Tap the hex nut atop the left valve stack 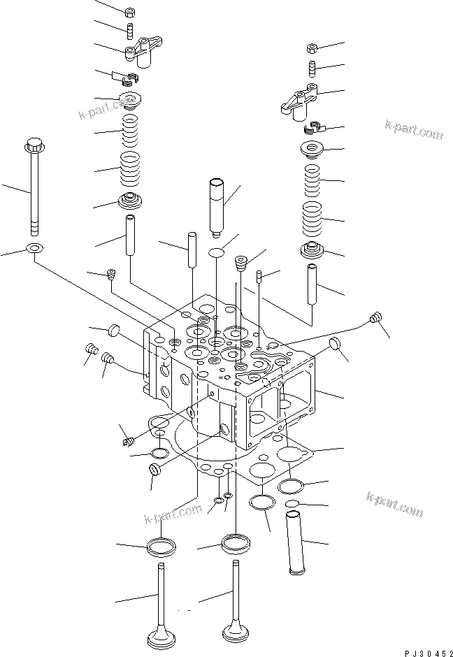[130, 13]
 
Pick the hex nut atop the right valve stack [312, 48]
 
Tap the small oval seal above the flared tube [292, 505]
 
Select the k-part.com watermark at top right [413, 129]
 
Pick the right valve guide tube [312, 283]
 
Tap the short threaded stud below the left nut [129, 31]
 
